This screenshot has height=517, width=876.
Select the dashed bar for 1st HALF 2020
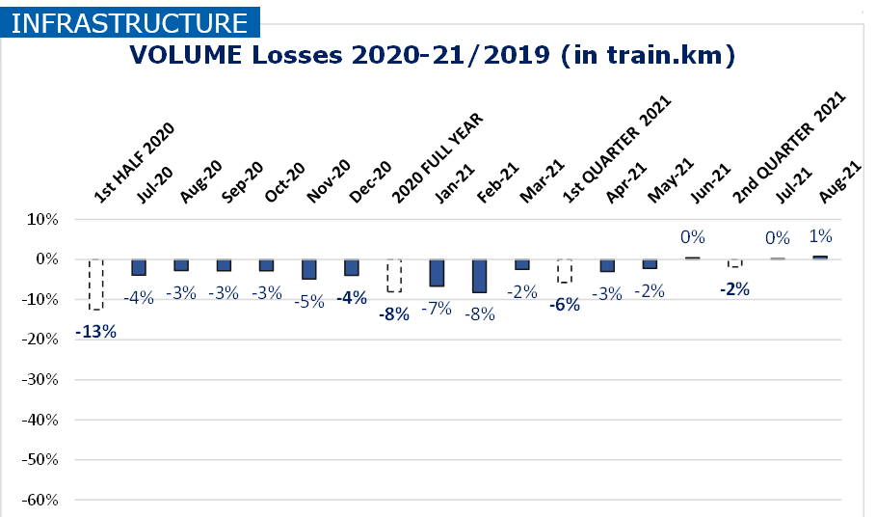[95, 285]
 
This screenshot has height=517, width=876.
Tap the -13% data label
[95, 332]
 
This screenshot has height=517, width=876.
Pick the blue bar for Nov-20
[308, 269]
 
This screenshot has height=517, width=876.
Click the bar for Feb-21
[479, 276]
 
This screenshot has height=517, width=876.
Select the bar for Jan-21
[437, 273]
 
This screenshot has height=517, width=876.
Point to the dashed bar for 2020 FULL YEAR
[394, 275]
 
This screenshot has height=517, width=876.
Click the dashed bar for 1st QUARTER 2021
[565, 271]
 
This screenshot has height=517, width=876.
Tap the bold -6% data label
[565, 305]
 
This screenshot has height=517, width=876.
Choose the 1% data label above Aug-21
[820, 236]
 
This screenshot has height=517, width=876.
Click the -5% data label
[308, 299]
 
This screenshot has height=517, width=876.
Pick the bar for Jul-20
[139, 267]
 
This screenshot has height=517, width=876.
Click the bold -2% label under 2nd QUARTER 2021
[734, 287]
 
